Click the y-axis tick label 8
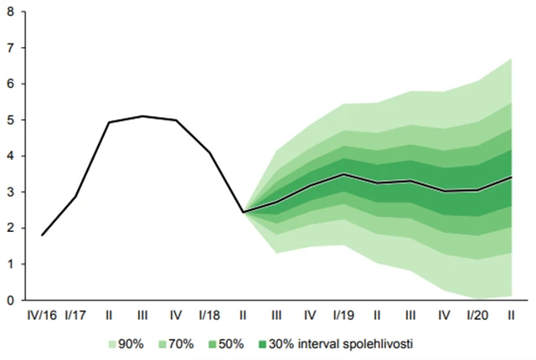11,12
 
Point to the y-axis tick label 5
11,120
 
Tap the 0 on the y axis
11,300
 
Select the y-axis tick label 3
11,192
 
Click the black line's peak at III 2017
142,116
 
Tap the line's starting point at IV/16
42,235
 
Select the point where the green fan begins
243,212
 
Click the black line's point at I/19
343,174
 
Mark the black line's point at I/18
209,152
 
